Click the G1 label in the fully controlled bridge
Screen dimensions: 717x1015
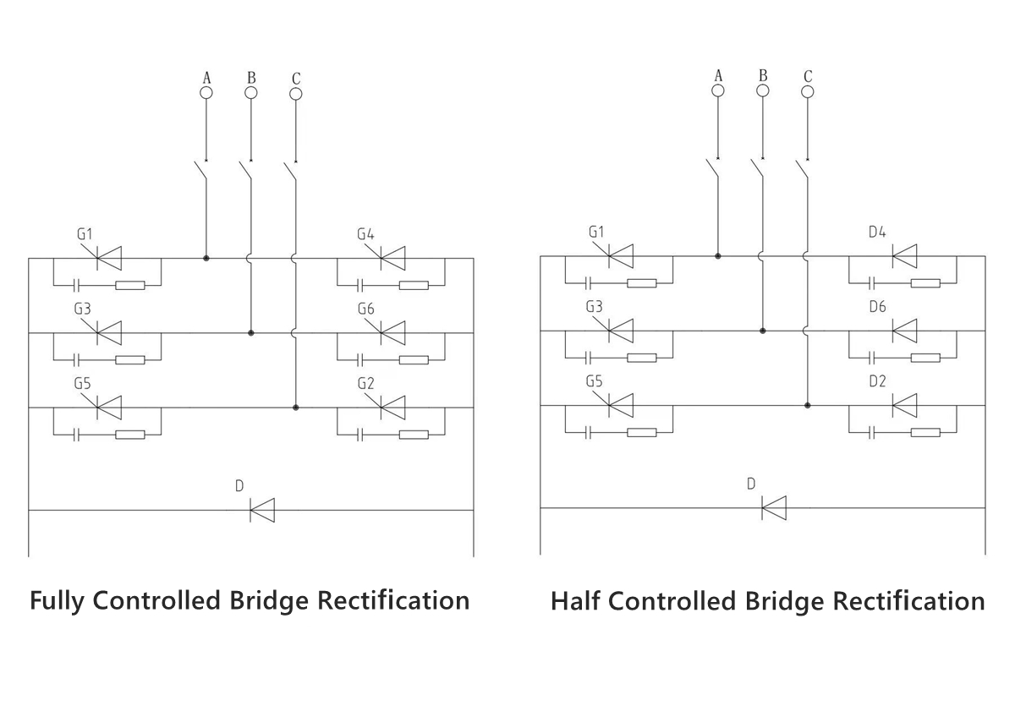tap(85, 233)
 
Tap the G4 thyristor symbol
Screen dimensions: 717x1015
tap(392, 257)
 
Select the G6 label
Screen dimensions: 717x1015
tap(365, 309)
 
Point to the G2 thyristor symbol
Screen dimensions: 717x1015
tap(392, 408)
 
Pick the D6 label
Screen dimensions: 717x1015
tap(877, 307)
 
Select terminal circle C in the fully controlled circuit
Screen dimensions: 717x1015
tap(296, 93)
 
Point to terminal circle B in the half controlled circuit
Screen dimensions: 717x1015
tap(763, 90)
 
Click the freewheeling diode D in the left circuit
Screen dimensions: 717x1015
tap(262, 510)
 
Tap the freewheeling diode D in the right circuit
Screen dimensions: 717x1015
tap(774, 507)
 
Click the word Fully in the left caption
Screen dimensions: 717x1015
tap(58, 601)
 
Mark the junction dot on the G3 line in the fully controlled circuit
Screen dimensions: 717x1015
tap(251, 333)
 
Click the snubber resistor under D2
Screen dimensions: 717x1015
tap(925, 432)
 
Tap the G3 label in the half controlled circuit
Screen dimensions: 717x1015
tap(595, 307)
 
